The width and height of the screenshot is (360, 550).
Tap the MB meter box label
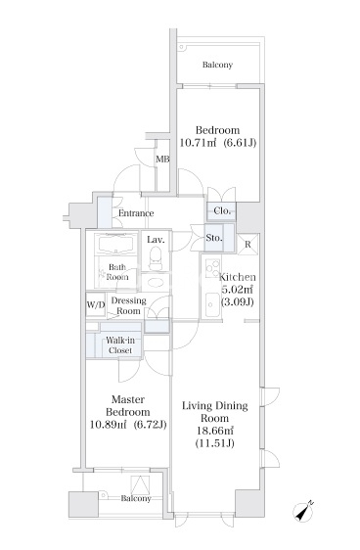point(162,160)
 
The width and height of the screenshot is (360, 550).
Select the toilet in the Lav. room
point(156,257)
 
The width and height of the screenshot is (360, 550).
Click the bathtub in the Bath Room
point(117,244)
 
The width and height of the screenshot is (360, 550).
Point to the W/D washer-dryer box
point(96,304)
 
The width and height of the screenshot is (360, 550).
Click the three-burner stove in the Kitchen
point(213,268)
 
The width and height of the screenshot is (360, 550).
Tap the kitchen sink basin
point(213,304)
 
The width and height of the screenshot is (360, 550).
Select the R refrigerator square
point(248,244)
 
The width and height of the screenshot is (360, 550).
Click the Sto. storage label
point(214,238)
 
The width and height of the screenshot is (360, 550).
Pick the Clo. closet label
point(222,210)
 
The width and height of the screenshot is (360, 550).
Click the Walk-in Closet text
point(120,345)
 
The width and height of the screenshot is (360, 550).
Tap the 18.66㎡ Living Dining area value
point(215,431)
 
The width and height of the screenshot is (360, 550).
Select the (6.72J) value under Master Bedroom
point(150,425)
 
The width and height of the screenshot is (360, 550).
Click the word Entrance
point(136,213)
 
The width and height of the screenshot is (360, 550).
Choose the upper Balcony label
point(217,65)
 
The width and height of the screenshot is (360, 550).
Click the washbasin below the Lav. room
point(155,283)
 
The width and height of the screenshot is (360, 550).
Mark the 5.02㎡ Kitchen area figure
point(237,290)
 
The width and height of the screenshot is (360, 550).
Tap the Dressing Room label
point(128,306)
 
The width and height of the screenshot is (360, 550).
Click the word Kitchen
point(238,277)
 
